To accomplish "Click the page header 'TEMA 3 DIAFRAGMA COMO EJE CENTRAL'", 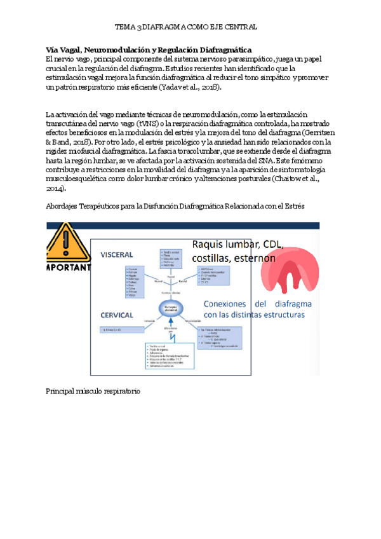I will click(185, 27).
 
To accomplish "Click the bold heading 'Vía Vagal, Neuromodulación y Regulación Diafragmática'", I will click(149, 50).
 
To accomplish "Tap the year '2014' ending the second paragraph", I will click(55, 189).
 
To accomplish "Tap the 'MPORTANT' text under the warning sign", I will click(69, 268).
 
